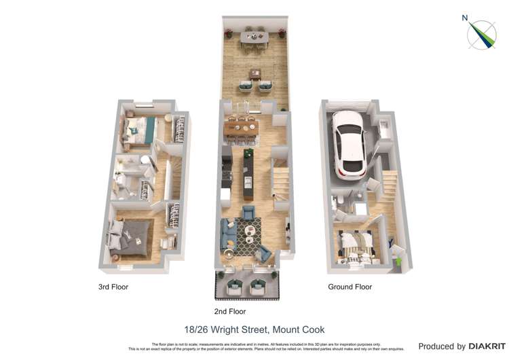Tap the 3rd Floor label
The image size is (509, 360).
click(113, 287)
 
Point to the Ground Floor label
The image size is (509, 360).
click(350, 287)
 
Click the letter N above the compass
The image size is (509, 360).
click(465, 18)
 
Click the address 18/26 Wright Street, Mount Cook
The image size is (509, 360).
click(254, 330)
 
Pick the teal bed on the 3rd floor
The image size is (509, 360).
click(139, 129)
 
